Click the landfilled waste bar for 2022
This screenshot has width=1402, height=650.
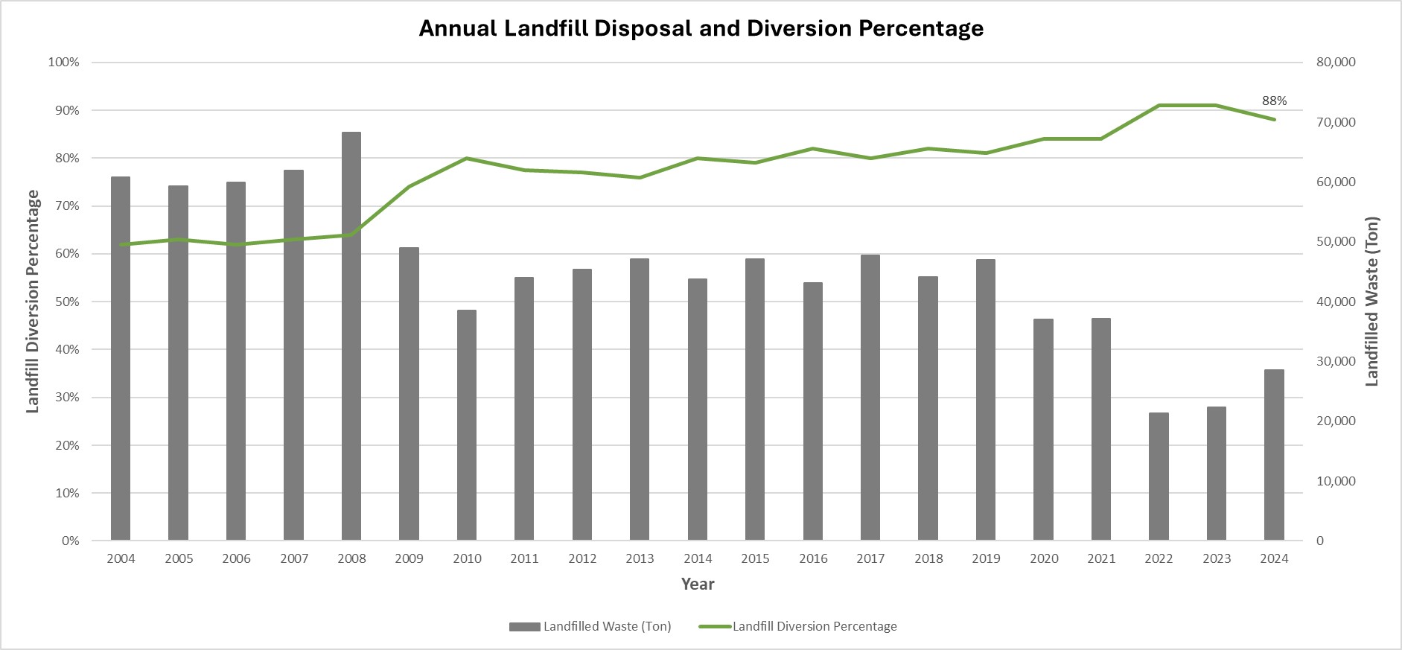pos(1159,477)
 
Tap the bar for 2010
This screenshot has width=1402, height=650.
pos(467,425)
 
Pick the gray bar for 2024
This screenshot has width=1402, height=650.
pos(1274,455)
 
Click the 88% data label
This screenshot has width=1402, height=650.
pos(1274,101)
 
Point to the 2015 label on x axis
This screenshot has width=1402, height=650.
pos(755,558)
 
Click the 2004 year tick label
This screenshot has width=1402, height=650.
pos(121,558)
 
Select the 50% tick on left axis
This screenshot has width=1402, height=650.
pos(64,302)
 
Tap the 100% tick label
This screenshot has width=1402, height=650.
pos(63,63)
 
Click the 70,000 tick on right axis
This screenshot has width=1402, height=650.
pos(1336,122)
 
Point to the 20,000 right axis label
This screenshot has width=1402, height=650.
pos(1336,421)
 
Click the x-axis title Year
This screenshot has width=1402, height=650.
pos(698,584)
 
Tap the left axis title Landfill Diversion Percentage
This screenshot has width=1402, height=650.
pos(33,302)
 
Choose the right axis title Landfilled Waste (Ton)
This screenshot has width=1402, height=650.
pos(1371,302)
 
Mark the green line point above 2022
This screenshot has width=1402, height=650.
pos(1159,106)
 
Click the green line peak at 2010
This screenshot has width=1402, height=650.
pos(467,158)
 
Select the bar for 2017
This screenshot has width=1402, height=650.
pos(870,398)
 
